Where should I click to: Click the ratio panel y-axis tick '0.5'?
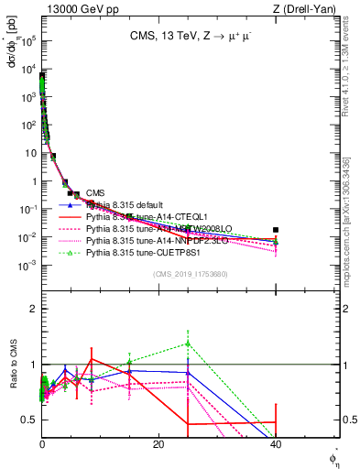click(28, 420)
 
